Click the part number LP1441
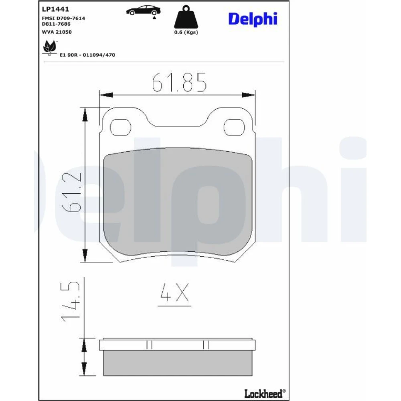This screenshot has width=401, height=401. tap(55, 9)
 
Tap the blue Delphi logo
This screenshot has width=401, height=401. tap(253, 19)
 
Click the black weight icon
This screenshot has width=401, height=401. tap(186, 17)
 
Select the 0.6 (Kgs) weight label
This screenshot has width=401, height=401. tap(186, 32)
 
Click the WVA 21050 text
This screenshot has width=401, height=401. tap(57, 32)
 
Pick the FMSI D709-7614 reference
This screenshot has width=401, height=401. tap(63, 18)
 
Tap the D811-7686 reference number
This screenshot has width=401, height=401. tap(56, 24)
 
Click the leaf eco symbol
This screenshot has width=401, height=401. tap(49, 47)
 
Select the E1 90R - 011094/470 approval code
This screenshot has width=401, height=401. tap(87, 55)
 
